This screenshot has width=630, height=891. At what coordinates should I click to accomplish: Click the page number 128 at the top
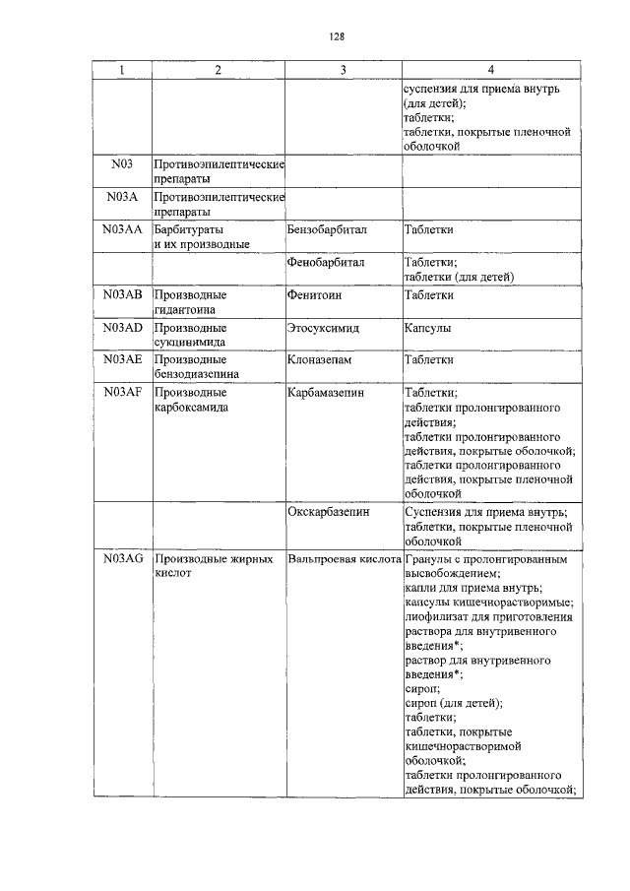point(336,38)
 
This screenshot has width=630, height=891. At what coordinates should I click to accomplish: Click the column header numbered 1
point(122,70)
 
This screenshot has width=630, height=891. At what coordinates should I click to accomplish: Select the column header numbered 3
point(343,70)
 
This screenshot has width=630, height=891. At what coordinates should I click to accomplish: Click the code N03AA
point(122,229)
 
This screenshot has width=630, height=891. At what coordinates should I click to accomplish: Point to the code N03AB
point(122,294)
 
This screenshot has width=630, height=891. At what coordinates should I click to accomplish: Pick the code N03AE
point(122,359)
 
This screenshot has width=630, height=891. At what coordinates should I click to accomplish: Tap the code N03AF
point(122,392)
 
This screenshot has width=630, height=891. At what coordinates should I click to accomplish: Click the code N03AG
point(122,558)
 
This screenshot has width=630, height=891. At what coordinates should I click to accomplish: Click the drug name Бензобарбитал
point(328,229)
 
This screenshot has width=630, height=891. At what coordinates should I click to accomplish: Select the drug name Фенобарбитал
point(327,263)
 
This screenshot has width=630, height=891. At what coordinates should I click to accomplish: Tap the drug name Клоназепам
point(320,359)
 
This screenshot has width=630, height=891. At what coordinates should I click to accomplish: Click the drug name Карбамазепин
point(326,392)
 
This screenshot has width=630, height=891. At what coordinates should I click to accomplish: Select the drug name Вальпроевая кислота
point(344,558)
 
